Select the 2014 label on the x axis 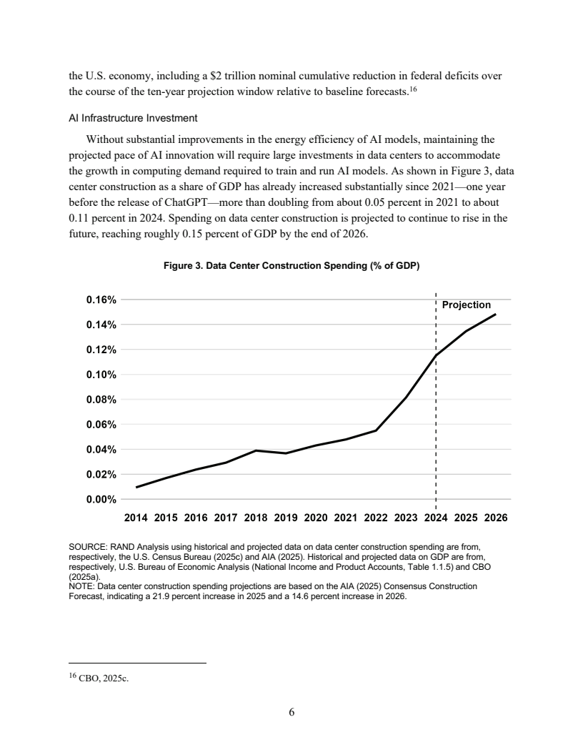136,517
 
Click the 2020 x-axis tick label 316,517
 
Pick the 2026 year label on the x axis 495,517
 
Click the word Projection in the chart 466,305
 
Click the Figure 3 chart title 291,266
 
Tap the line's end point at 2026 495,315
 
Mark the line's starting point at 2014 136,487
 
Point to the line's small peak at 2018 256,450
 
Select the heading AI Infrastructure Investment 131,117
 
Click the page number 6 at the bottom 291,712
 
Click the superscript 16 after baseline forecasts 412,88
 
